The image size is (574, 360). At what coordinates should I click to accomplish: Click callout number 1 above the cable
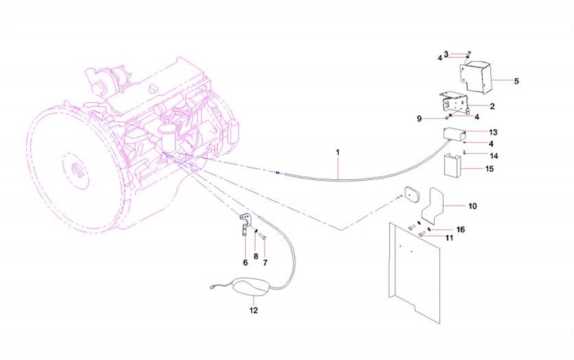pos(338,150)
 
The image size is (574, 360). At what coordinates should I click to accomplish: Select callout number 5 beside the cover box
pos(516,81)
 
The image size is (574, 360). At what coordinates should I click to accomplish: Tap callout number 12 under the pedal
pos(253,310)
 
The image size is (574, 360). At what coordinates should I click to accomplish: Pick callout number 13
pos(493,132)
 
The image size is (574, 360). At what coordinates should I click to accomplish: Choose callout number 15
pos(489,169)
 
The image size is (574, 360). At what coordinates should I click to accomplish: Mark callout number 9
pos(418,118)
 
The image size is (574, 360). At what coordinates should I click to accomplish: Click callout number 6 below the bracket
pos(245,263)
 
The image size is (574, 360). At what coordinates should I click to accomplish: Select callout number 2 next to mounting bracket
pos(492,106)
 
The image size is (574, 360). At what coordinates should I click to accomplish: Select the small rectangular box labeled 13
pos(454,134)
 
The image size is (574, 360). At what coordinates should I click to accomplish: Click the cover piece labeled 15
pos(452,165)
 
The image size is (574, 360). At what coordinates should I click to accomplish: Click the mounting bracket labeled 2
pos(454,103)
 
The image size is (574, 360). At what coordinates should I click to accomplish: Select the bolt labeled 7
pos(262,237)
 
